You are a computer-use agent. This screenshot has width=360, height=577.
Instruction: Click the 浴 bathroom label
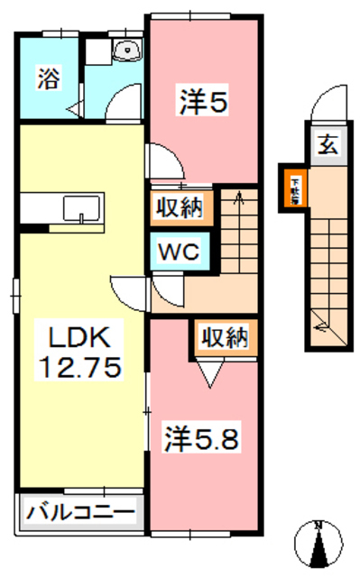coord(46,79)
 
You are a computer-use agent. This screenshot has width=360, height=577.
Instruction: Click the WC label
coord(180,252)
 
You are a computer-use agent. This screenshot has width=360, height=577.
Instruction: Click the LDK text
coord(78,339)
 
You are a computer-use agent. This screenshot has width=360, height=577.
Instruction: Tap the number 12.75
coord(78,367)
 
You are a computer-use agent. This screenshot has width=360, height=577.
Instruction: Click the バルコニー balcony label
coord(80,512)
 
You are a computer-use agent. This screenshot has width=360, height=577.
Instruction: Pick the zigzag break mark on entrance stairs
coord(318,319)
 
